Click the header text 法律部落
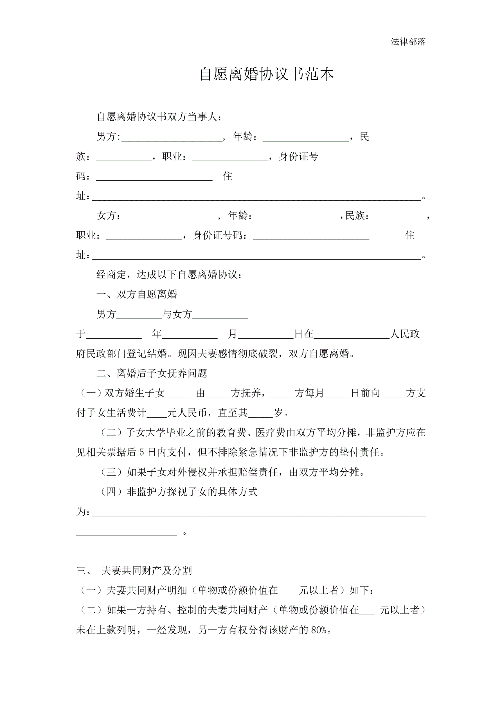tap(408, 42)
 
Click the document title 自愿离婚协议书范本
tap(266, 74)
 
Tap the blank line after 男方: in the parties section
tap(172, 138)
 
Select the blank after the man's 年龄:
tap(306, 138)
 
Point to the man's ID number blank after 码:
tap(154, 178)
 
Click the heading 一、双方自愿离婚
tap(137, 294)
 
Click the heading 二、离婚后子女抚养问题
tap(152, 373)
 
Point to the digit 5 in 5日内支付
tap(141, 453)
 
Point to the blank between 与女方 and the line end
tap(220, 316)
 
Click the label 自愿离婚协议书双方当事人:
tap(159, 117)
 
